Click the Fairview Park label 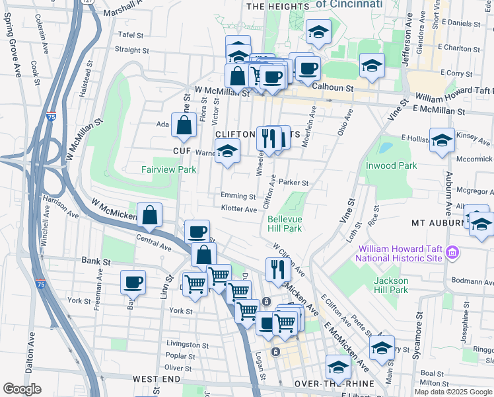(169, 169)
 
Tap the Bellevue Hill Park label (285, 223)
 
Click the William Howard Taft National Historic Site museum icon (452, 252)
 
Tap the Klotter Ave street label (238, 209)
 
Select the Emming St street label (238, 197)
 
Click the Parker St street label (293, 183)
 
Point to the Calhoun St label (333, 87)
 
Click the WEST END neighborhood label (157, 378)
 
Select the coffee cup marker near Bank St (133, 282)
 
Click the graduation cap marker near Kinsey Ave (442, 140)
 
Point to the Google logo (22, 389)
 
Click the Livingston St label (188, 345)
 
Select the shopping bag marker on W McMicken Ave (150, 214)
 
